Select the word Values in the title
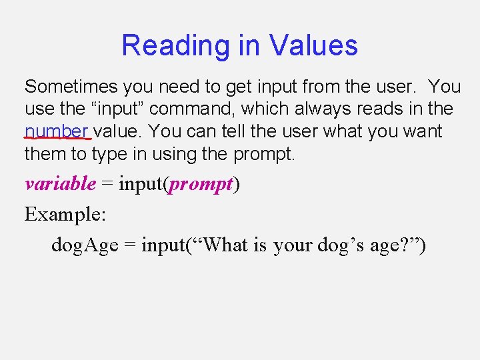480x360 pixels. pos(314,46)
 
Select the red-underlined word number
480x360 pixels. pos(57,131)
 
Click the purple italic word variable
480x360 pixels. pos(60,184)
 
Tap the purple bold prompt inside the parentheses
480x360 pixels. pos(201,184)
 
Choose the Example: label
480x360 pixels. pos(64,215)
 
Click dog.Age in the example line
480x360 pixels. pos(85,245)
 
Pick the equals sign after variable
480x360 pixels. pos(107,184)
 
